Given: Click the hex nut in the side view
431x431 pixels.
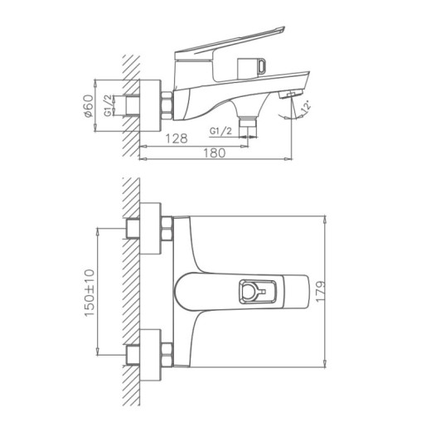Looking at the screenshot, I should [167, 104].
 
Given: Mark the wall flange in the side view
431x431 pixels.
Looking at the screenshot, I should [148, 105].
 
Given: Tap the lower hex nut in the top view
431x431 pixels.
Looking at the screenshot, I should [167, 350].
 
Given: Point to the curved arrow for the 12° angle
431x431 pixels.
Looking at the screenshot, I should [296, 116].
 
